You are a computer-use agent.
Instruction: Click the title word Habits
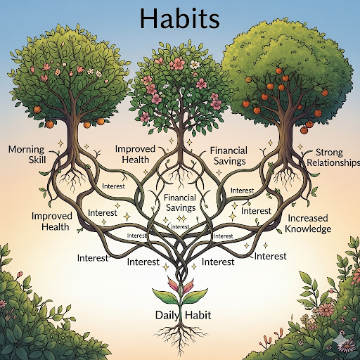[180, 19]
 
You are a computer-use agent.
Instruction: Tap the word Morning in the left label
[26, 150]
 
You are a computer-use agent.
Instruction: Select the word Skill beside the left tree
[37, 160]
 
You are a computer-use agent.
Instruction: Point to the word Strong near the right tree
[329, 153]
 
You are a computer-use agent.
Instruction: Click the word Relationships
[333, 163]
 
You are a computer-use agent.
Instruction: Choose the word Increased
[308, 218]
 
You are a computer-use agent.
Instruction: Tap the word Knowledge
[308, 229]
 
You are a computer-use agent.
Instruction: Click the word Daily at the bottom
[167, 316]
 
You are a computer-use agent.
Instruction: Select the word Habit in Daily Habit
[198, 315]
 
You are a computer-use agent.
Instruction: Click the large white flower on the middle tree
[194, 64]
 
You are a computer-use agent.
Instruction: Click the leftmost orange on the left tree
[37, 109]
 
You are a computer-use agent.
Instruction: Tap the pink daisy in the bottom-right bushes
[326, 309]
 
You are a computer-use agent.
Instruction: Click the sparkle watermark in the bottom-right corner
[344, 343]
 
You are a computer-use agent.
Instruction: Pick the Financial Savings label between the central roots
[180, 202]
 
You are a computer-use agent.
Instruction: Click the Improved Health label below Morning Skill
[52, 221]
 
